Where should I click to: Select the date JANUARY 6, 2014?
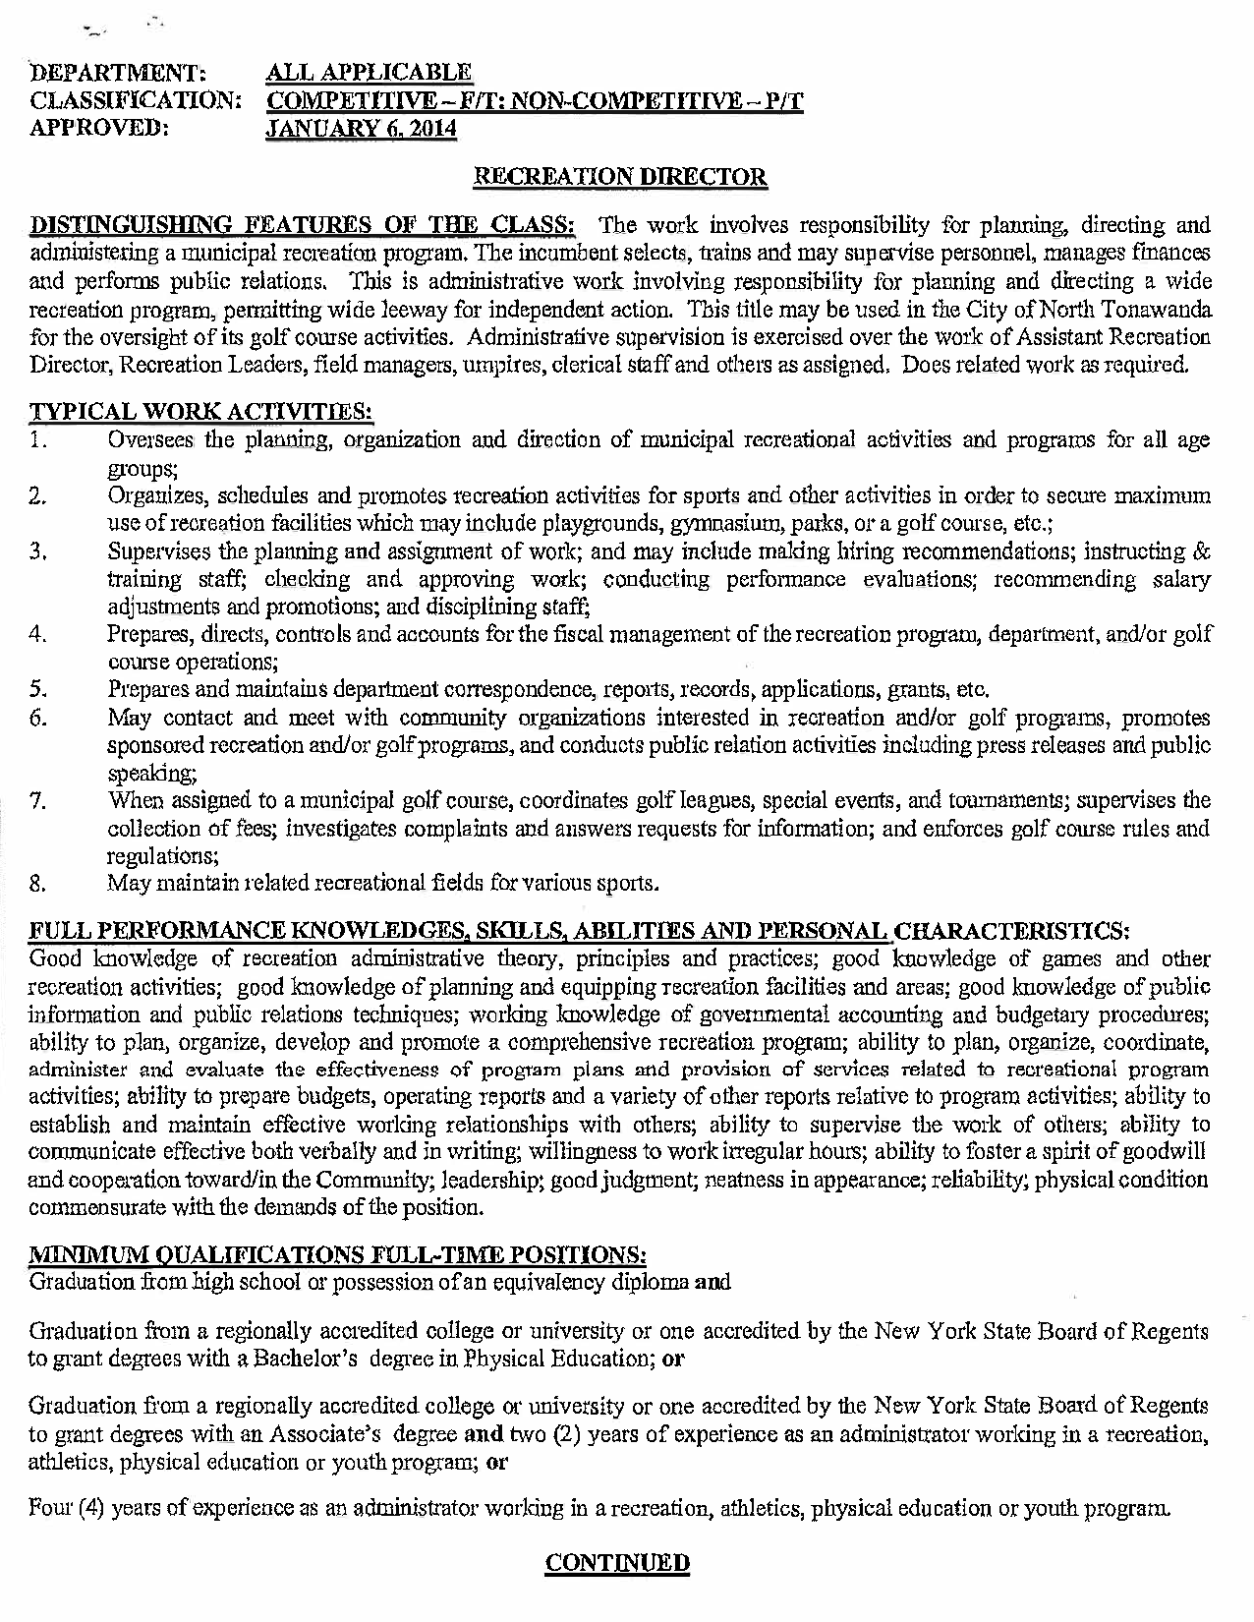coord(363,128)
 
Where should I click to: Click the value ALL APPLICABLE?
coord(370,73)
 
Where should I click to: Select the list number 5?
coord(39,689)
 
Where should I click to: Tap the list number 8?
coord(39,883)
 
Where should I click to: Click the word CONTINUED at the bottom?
coord(618,1563)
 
